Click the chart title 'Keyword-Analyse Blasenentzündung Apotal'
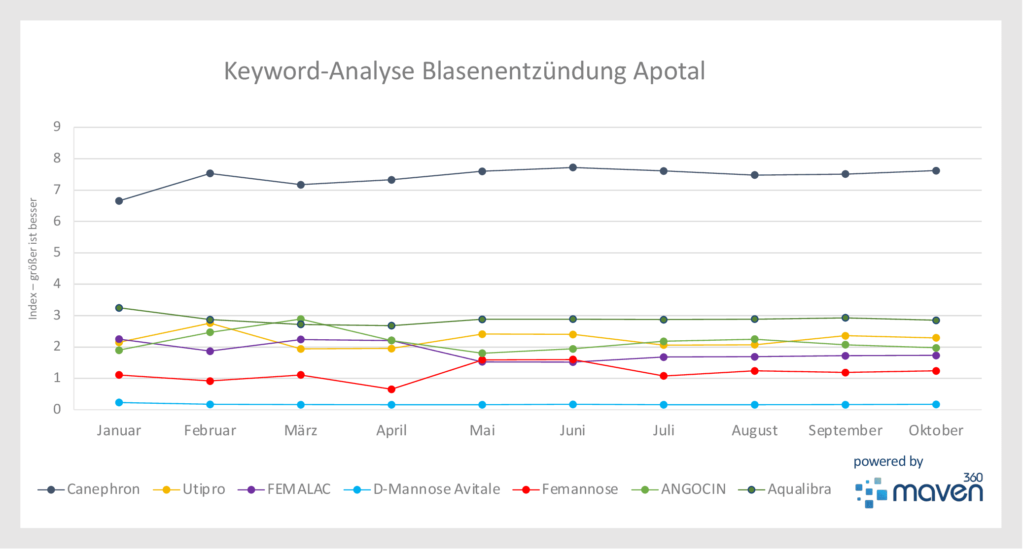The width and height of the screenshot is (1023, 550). coord(464,71)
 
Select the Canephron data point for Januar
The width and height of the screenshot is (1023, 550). coord(119,201)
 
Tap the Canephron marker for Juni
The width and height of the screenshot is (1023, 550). coord(573,167)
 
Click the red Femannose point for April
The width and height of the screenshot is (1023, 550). coord(391,389)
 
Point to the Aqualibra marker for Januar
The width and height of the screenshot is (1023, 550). coord(119,308)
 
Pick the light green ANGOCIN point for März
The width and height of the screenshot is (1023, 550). coord(301,319)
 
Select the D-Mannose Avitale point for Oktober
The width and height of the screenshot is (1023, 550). coord(936,404)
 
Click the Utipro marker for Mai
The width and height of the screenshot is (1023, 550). coord(482,334)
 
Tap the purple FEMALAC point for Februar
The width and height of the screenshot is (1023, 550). coord(210,351)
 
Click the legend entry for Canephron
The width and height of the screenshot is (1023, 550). coord(89,489)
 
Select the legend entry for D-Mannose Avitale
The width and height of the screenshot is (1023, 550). coord(422,489)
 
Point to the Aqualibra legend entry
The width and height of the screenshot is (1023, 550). coord(785,489)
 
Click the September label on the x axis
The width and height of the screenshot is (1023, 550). coord(845,431)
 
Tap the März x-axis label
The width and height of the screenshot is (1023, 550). coord(301,431)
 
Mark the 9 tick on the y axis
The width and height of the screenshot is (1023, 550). coord(57,127)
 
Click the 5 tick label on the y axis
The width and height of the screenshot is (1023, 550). coord(57,253)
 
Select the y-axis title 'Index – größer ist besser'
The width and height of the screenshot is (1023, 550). coord(33,259)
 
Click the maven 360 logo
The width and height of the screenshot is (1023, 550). coord(919,491)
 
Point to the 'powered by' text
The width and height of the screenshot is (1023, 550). coord(888,461)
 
